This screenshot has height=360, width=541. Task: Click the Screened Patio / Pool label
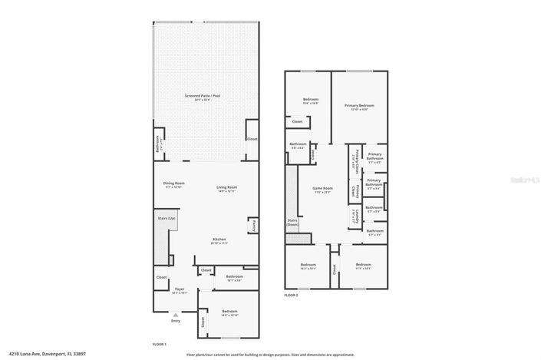(203, 97)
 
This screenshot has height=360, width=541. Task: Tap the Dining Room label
(173, 184)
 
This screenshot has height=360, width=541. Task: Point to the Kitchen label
(219, 240)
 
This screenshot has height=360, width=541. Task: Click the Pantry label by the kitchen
(252, 225)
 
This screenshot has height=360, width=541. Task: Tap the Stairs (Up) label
(167, 218)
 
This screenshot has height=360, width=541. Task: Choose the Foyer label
(179, 289)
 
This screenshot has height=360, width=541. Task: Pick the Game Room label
(322, 190)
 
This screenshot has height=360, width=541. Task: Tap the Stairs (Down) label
(292, 222)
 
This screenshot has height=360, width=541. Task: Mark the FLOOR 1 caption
(159, 344)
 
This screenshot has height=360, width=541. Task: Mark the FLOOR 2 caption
(291, 295)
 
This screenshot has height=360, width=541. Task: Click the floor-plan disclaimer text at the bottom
(270, 355)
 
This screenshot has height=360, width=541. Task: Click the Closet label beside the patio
(252, 139)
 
